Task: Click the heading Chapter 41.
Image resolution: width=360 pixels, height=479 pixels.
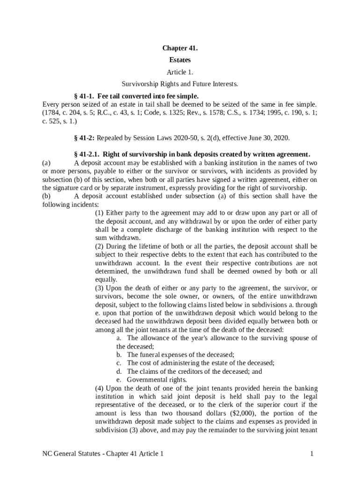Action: (x=180, y=48)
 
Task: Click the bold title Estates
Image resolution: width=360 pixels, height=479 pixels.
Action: (x=180, y=60)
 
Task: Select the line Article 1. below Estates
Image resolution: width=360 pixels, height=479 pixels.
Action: (x=180, y=72)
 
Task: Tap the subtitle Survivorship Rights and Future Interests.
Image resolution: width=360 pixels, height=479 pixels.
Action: (x=180, y=84)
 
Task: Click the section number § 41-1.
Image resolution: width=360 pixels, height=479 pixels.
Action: (x=84, y=96)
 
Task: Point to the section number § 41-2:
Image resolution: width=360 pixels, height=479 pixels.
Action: (x=85, y=138)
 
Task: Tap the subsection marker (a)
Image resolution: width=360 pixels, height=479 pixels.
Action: (x=46, y=163)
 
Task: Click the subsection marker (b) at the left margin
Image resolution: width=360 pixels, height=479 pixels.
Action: (x=46, y=196)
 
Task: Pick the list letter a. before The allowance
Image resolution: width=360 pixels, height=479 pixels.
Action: (x=120, y=338)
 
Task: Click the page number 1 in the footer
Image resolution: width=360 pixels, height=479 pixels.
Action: (x=311, y=454)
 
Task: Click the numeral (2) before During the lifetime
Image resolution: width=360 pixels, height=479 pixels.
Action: (x=100, y=246)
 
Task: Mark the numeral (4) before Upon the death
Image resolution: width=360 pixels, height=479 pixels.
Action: (x=100, y=388)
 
